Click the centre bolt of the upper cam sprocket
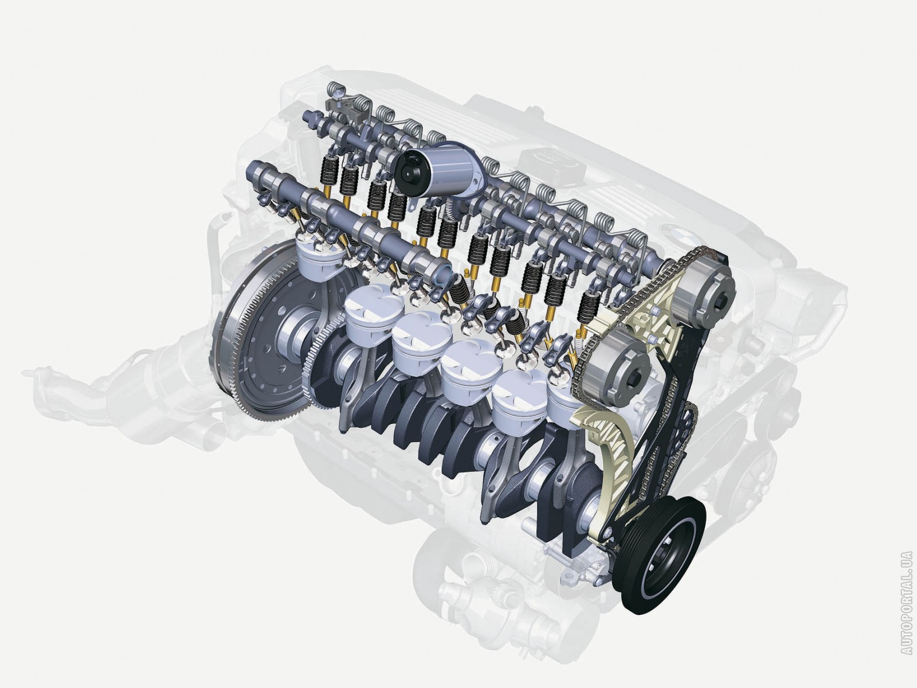(x=722, y=302)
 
